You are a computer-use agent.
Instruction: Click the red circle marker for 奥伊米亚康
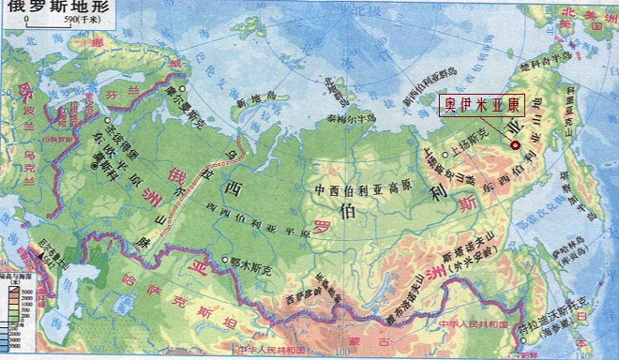pos(515,144)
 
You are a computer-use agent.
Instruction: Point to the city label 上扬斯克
pos(469,146)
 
